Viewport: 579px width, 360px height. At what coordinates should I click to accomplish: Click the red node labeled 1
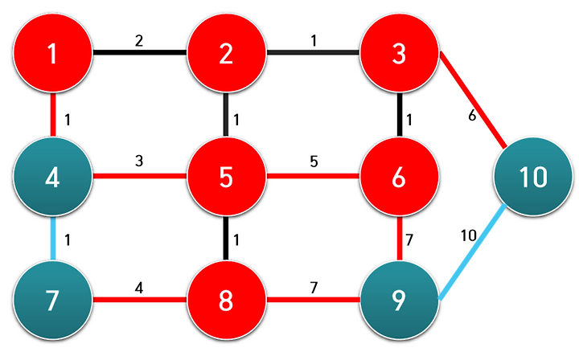tap(53, 54)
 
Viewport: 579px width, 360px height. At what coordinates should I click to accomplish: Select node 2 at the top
tap(226, 54)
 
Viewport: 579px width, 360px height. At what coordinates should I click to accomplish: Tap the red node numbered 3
tap(399, 54)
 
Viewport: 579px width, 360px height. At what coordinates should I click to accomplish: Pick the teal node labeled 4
tap(53, 177)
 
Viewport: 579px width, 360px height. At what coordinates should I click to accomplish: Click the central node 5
tap(226, 177)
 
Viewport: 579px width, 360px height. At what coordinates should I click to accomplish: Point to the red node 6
tap(399, 177)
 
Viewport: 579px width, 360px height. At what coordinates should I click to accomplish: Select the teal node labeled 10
tap(532, 177)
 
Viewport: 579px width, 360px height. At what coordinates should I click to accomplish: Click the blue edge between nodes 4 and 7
tap(53, 239)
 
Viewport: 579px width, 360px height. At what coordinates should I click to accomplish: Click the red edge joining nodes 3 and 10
tap(472, 100)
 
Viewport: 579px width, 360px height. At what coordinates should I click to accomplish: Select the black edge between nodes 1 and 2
tap(140, 54)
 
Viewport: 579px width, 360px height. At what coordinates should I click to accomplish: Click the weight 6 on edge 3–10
tap(472, 116)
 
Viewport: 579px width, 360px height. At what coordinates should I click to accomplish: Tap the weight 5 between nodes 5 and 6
tap(314, 161)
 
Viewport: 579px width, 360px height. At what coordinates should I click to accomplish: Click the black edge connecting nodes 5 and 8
tap(226, 239)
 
